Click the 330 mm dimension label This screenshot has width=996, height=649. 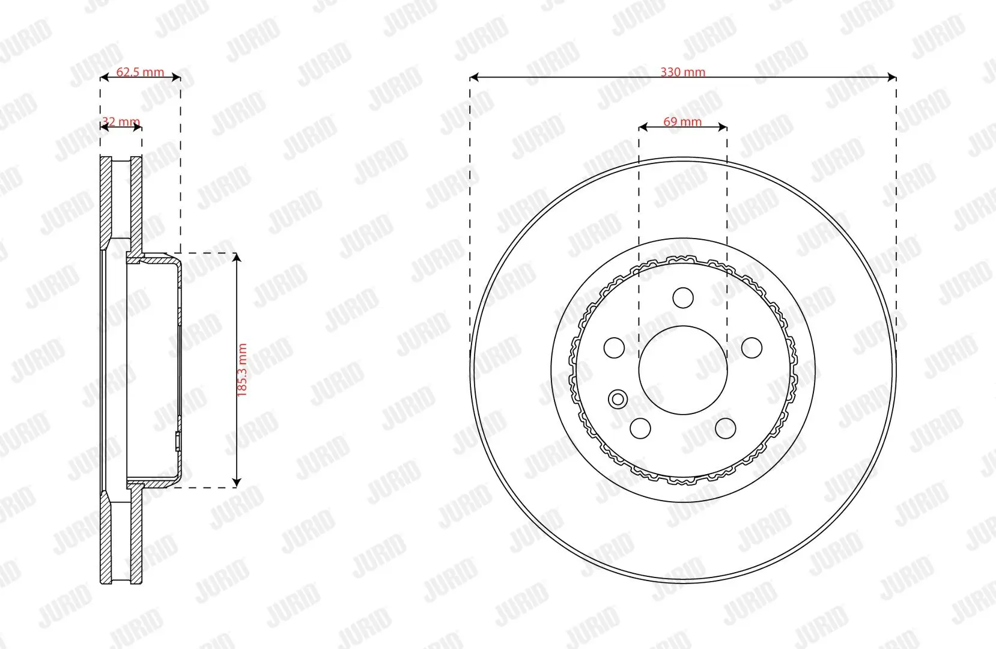(682, 72)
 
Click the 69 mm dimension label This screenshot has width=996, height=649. (682, 122)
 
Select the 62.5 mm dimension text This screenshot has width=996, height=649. (140, 72)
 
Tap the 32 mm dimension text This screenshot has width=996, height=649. (121, 122)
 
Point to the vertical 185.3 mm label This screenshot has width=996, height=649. (242, 370)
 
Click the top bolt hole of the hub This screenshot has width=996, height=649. (683, 297)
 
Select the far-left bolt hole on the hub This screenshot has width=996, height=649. (614, 347)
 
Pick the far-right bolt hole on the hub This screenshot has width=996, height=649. (752, 347)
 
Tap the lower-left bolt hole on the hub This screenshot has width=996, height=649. (640, 428)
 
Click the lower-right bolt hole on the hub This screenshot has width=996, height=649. (726, 428)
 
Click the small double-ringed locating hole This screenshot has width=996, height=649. (618, 399)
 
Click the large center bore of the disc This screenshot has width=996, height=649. (683, 370)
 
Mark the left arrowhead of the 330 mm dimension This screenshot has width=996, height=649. (473, 77)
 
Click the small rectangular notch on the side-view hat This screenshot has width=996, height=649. (178, 442)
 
